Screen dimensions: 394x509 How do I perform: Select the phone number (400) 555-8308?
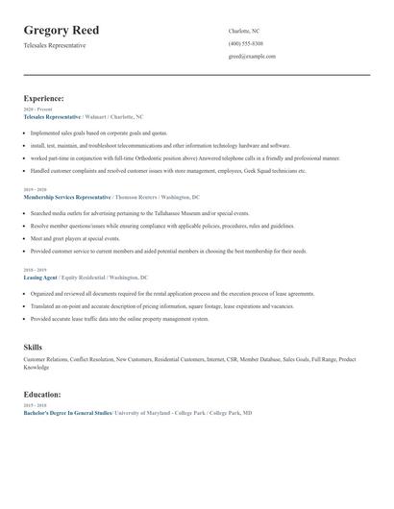[x=245, y=43]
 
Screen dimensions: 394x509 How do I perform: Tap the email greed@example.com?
[x=252, y=56]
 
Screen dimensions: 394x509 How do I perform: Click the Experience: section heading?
[x=44, y=98]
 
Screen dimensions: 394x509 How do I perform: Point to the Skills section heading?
[x=33, y=346]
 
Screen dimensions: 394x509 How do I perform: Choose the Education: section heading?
[x=42, y=394]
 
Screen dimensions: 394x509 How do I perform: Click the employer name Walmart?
[x=95, y=116]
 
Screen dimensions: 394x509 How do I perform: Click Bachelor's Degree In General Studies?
[x=67, y=412]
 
